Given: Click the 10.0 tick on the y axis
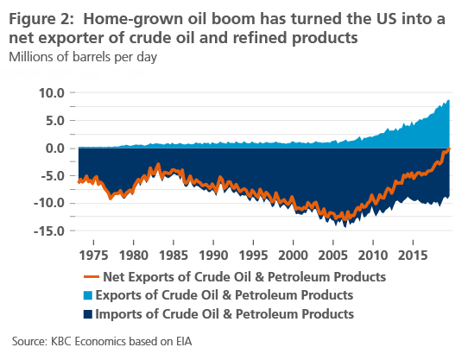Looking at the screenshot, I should [52, 92].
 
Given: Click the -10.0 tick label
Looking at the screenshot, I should [50, 203].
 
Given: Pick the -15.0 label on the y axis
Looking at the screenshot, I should [50, 231].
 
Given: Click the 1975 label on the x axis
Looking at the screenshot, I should [93, 256].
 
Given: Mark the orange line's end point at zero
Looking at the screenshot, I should [449, 148].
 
